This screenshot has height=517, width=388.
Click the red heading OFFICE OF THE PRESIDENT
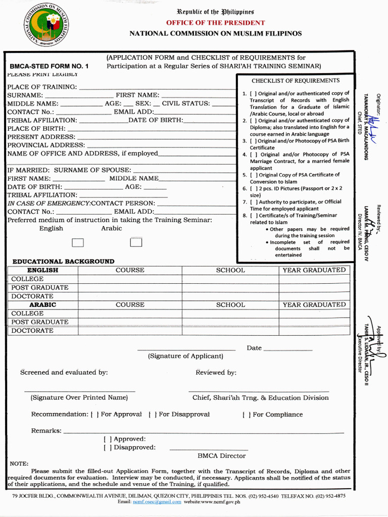coord(215,23)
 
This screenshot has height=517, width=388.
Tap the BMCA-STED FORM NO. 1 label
coord(49,66)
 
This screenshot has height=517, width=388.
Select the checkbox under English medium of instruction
coord(77,242)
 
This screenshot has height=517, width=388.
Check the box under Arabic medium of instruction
coord(136,242)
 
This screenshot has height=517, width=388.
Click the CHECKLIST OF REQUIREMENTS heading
coord(296,81)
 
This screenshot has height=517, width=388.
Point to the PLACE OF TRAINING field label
coord(42,87)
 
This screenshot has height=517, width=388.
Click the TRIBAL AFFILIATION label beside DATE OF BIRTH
coord(42,120)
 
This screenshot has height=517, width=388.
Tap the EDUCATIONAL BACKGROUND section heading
coord(63,262)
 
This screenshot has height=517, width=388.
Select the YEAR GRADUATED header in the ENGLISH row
coord(314,270)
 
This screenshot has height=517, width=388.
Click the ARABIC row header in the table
coord(42,305)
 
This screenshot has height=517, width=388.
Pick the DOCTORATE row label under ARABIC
coord(32,331)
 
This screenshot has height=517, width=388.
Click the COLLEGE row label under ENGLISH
coord(27,279)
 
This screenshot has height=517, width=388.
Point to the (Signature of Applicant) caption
coord(185,356)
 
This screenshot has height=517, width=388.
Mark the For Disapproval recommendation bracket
coord(152,415)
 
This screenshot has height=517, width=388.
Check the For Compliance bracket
coord(246,415)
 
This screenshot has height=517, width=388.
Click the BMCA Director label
coord(221,455)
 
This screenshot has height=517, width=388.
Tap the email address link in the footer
coord(157,502)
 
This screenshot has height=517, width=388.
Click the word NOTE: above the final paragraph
coord(19,463)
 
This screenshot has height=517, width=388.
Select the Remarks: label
coord(46,431)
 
